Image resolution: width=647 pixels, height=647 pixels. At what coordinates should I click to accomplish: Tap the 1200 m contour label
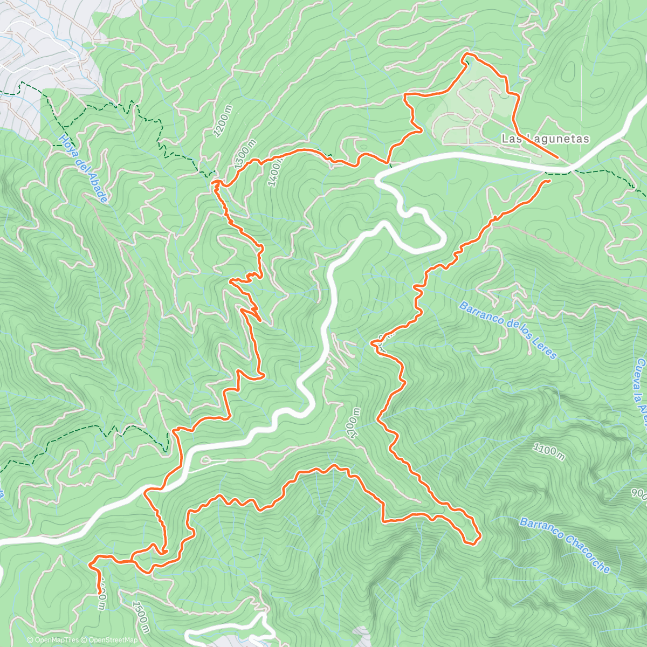pyautogui.click(x=223, y=121)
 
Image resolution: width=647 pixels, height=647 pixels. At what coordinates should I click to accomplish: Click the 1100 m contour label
pyautogui.click(x=549, y=452)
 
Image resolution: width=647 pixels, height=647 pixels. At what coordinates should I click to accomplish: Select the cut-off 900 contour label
pyautogui.click(x=639, y=494)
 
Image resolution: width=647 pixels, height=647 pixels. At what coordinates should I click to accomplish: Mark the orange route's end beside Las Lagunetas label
pyautogui.click(x=557, y=157)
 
